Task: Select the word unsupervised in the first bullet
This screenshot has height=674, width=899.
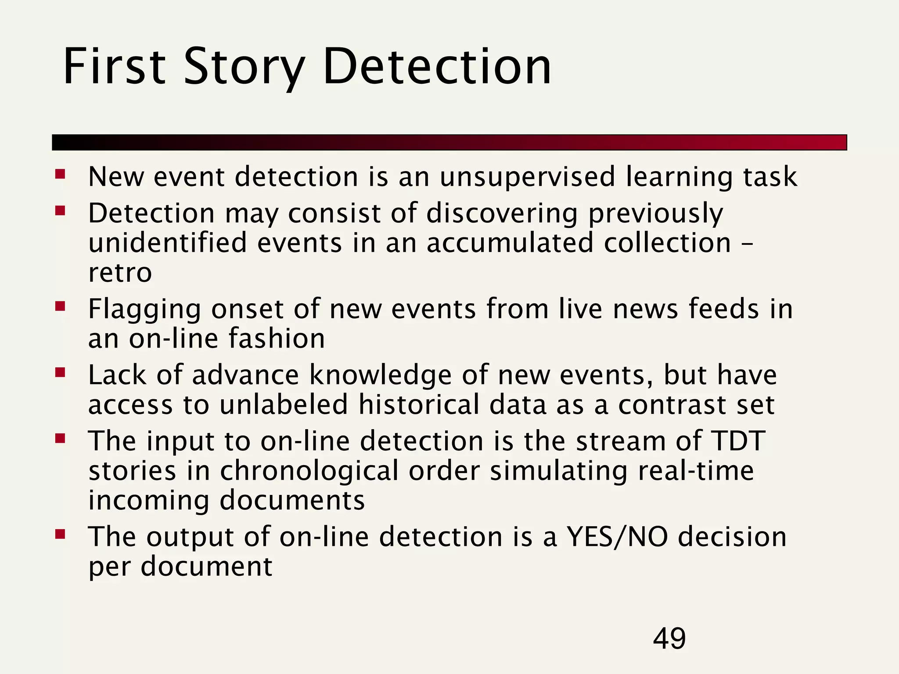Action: [x=527, y=177]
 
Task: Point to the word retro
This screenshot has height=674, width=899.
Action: [x=120, y=272]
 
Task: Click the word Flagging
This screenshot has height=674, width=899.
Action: [x=144, y=309]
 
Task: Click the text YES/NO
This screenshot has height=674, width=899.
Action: [x=618, y=537]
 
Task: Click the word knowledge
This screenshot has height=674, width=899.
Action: [x=380, y=375]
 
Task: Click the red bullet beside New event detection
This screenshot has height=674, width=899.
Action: [x=60, y=175]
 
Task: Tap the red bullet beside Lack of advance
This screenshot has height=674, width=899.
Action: [x=60, y=373]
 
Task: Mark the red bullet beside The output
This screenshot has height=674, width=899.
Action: [x=60, y=534]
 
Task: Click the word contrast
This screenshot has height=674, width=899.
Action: [x=672, y=404]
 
